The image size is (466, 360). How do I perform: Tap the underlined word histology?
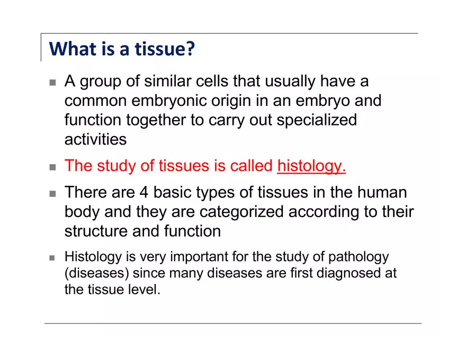pyautogui.click(x=311, y=166)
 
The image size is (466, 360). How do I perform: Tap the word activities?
pyautogui.click(x=95, y=139)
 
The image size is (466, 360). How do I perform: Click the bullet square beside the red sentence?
pyautogui.click(x=52, y=167)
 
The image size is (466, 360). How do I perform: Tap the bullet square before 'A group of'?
pyautogui.click(x=52, y=83)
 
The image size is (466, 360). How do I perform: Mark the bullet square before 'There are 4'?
pyautogui.click(x=52, y=194)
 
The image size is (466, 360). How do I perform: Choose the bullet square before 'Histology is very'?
pyautogui.click(x=52, y=258)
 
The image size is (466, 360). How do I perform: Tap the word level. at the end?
pyautogui.click(x=143, y=290)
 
